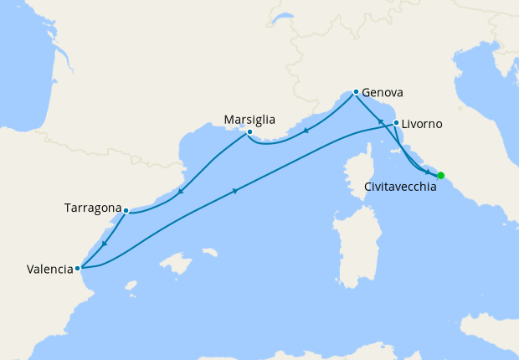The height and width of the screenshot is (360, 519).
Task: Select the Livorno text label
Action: click(x=422, y=124)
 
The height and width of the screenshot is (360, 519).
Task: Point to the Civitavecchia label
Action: click(x=400, y=188)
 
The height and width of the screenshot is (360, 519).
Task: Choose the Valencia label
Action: click(x=49, y=270)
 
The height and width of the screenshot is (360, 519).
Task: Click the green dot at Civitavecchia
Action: click(x=441, y=175)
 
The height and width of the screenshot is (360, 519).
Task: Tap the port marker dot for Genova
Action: click(x=356, y=91)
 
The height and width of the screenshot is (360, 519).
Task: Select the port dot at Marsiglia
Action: click(x=249, y=132)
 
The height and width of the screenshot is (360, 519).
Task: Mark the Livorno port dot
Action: click(x=396, y=122)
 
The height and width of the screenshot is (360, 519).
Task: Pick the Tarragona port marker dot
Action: click(x=125, y=210)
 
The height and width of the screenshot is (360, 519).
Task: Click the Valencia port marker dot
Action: click(x=77, y=269)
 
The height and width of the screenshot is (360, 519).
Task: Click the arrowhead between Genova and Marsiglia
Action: click(x=306, y=131)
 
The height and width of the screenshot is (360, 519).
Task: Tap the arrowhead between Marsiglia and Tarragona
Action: click(x=181, y=192)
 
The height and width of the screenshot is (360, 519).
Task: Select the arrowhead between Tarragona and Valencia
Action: click(x=104, y=243)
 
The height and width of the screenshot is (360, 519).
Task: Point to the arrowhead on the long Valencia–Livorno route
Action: click(x=236, y=192)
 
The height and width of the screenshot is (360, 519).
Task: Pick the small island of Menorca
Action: click(x=209, y=252)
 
